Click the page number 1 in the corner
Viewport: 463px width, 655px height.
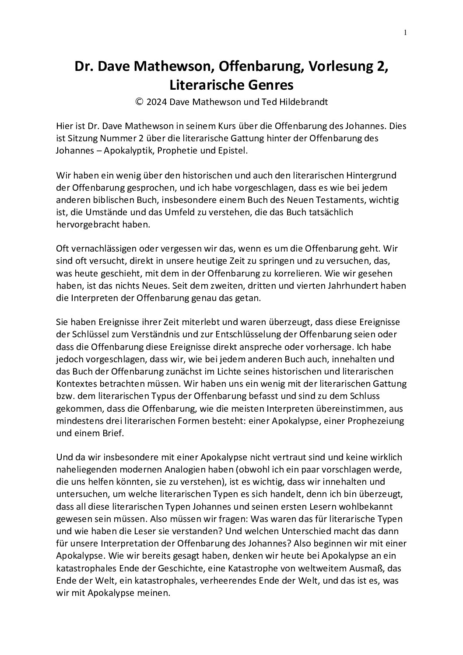(x=405, y=32)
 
